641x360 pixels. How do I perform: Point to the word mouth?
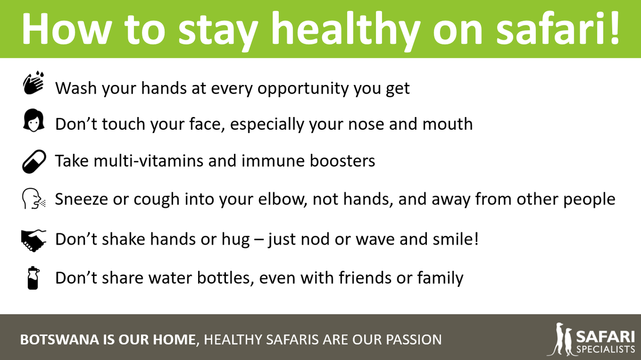[445, 124]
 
